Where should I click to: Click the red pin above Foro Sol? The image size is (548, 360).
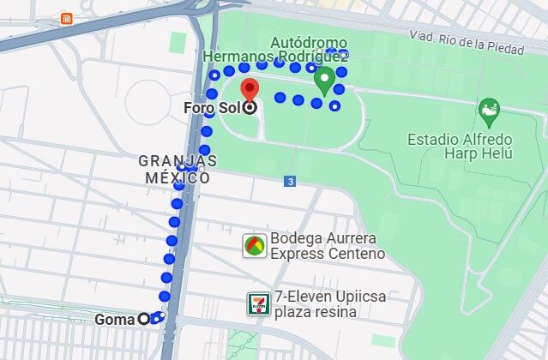(249, 88)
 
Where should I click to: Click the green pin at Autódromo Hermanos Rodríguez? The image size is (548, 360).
(324, 81)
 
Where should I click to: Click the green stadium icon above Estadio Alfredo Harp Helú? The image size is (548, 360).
(488, 110)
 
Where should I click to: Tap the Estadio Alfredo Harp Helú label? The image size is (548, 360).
(460, 146)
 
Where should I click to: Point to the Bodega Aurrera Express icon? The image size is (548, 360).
(254, 246)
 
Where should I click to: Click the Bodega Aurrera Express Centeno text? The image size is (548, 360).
(327, 246)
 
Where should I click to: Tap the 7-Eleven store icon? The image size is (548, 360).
(257, 303)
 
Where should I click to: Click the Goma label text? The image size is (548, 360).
(115, 320)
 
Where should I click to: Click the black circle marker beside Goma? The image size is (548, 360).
(144, 320)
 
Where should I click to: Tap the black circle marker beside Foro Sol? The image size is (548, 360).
(249, 108)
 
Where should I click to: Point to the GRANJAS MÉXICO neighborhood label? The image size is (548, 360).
(178, 169)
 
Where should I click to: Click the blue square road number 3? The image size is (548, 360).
(291, 181)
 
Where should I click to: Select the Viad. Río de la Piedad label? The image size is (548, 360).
(466, 43)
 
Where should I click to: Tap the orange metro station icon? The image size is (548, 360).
(67, 18)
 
